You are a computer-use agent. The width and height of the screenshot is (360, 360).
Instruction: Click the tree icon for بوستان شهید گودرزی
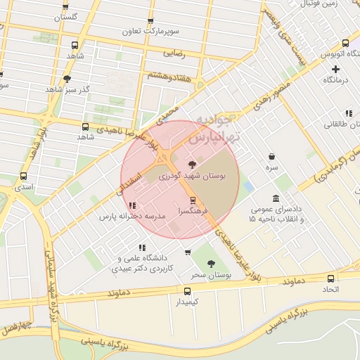(x=193, y=165)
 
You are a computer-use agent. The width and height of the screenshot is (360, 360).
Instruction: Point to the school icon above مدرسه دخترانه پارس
(x=131, y=205)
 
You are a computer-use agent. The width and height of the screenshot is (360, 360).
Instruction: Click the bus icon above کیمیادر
(x=187, y=291)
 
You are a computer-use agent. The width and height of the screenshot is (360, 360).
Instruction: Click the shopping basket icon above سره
(x=272, y=156)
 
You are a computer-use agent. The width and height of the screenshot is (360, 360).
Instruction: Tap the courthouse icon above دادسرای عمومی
(x=275, y=198)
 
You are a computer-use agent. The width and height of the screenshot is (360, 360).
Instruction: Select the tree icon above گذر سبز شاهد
(x=67, y=79)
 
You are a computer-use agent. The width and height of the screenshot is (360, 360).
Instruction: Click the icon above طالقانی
(x=348, y=113)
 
